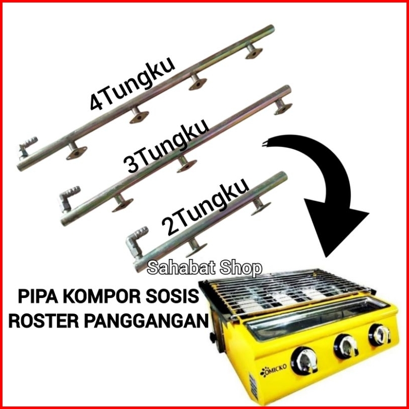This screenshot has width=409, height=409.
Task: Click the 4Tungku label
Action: coord(132,83)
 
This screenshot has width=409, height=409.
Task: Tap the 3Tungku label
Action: coord(166,146)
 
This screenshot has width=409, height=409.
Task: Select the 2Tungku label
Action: coord(205,207)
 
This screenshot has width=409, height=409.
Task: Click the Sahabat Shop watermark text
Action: coord(205,268)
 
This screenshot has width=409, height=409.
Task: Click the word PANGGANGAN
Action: coord(146,321)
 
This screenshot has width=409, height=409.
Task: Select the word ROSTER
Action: coord(44,321)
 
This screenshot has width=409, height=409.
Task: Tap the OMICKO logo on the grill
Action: coord(273,371)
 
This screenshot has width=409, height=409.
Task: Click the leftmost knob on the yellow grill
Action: coord(304,361)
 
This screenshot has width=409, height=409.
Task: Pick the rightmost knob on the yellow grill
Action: coord(380,335)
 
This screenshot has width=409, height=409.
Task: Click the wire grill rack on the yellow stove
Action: coord(287,292)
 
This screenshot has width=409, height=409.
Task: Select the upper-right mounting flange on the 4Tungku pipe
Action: coord(254,52)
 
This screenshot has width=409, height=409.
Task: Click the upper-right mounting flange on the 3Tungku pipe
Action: coord(283,107)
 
